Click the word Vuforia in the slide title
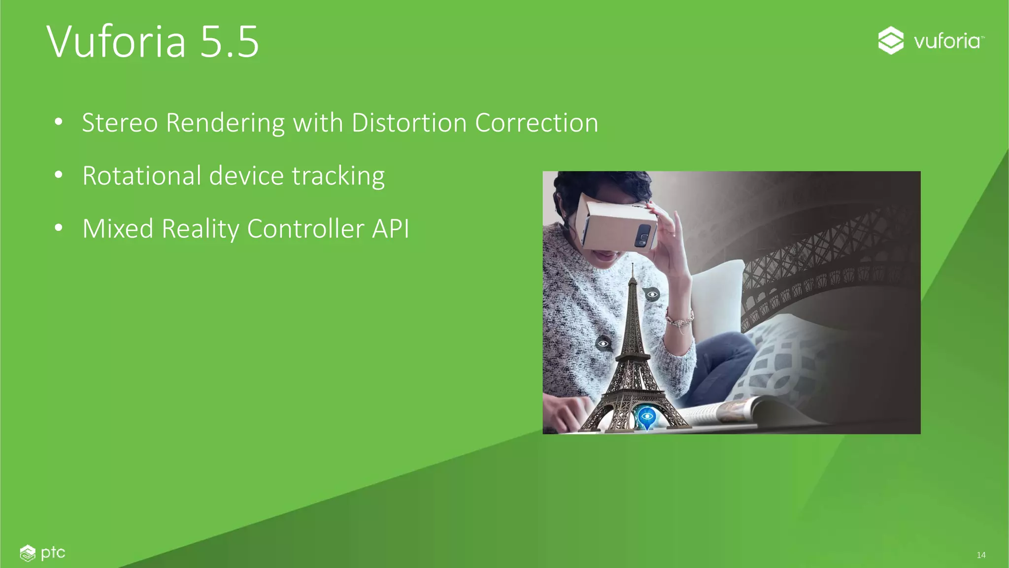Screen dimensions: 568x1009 pyautogui.click(x=116, y=41)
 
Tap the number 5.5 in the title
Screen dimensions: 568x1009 pyautogui.click(x=230, y=41)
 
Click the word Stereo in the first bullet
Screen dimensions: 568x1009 pyautogui.click(x=120, y=123)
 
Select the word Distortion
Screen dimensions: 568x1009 pyautogui.click(x=409, y=123)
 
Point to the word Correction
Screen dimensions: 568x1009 pyautogui.click(x=537, y=123)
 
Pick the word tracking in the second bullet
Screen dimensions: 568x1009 pyautogui.click(x=338, y=177)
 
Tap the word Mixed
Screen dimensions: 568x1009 pyautogui.click(x=118, y=229)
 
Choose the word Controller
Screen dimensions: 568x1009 pyautogui.click(x=305, y=229)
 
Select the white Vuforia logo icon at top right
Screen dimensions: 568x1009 pyautogui.click(x=891, y=40)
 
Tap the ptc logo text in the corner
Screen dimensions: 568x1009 pyautogui.click(x=53, y=553)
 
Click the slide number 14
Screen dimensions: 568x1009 pyautogui.click(x=981, y=555)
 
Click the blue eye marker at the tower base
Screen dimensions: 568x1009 pyautogui.click(x=646, y=417)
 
